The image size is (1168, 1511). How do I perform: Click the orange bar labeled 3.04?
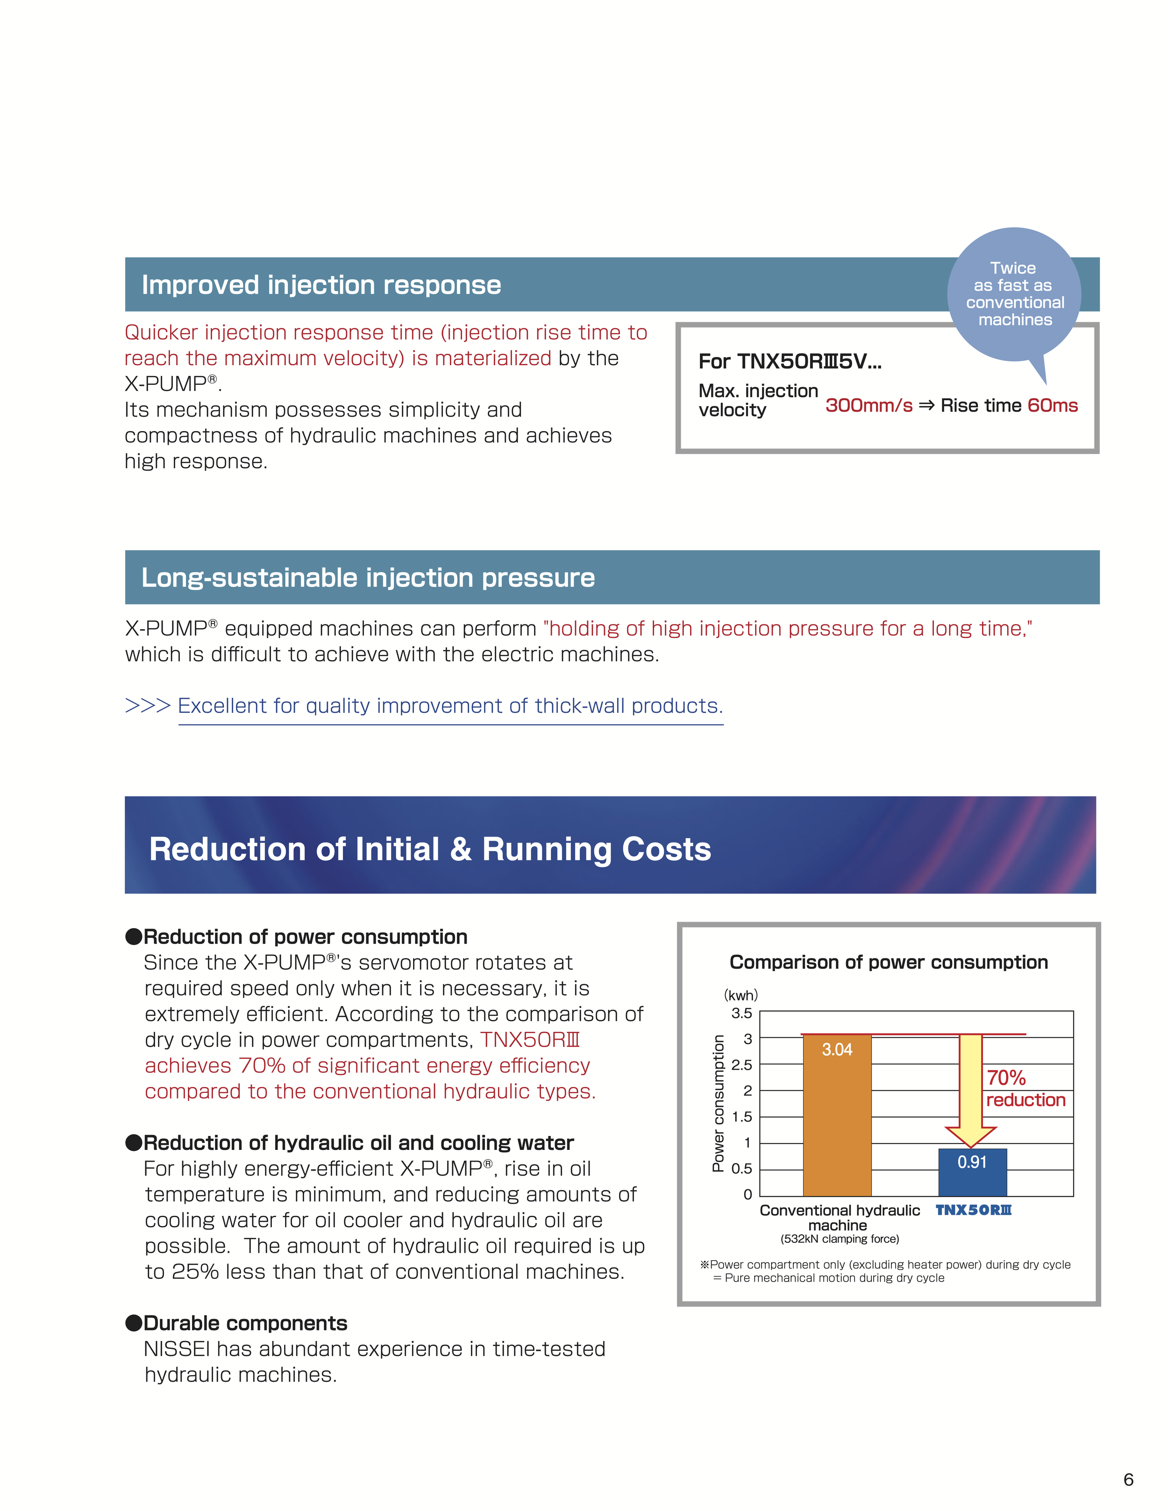(837, 1115)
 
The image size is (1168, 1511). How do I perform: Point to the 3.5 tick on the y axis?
(742, 1013)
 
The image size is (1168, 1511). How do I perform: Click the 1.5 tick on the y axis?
(742, 1117)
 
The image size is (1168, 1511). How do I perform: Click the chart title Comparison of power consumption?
(889, 962)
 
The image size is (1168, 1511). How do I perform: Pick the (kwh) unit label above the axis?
(741, 995)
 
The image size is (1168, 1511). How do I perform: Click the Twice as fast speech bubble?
(1014, 294)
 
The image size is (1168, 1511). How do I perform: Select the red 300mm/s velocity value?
(869, 405)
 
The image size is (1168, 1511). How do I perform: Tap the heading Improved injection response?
(321, 285)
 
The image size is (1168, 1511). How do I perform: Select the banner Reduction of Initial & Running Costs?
(430, 849)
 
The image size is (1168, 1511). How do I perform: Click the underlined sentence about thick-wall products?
(450, 706)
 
